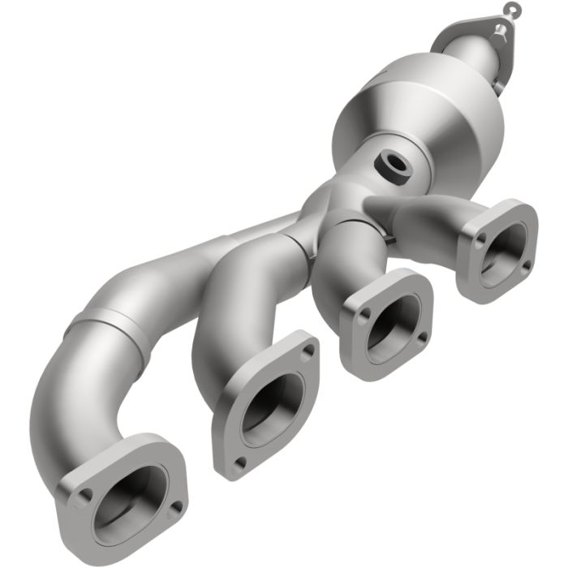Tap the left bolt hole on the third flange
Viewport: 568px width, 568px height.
coord(364,312)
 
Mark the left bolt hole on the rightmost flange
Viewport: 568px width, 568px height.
coord(481,239)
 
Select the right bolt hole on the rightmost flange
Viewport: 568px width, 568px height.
coord(525,265)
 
